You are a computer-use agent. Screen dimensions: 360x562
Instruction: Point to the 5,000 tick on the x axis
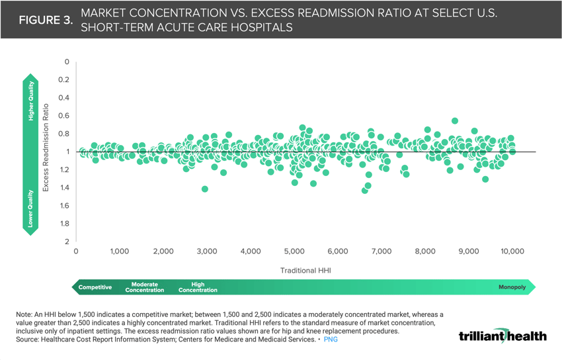(x=294, y=251)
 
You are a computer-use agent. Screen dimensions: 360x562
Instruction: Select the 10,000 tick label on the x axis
(x=512, y=251)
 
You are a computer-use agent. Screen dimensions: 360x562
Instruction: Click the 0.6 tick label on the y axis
(x=63, y=116)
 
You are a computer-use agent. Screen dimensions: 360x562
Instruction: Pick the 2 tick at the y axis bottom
(x=66, y=242)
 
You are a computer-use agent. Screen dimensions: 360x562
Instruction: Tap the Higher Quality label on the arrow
(x=30, y=101)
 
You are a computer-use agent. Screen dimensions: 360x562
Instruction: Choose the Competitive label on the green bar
(x=95, y=287)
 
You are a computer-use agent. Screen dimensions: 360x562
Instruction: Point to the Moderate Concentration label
(x=145, y=287)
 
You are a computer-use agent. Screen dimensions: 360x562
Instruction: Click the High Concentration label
(x=198, y=287)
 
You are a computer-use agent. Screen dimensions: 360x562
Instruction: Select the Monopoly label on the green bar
(x=512, y=287)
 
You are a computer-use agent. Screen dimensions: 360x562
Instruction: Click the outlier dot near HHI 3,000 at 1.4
(x=205, y=189)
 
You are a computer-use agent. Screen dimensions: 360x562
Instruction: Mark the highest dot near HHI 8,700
(x=455, y=121)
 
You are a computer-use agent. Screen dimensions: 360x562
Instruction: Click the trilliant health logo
(x=502, y=336)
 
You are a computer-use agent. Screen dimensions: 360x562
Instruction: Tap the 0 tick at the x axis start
(x=76, y=251)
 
